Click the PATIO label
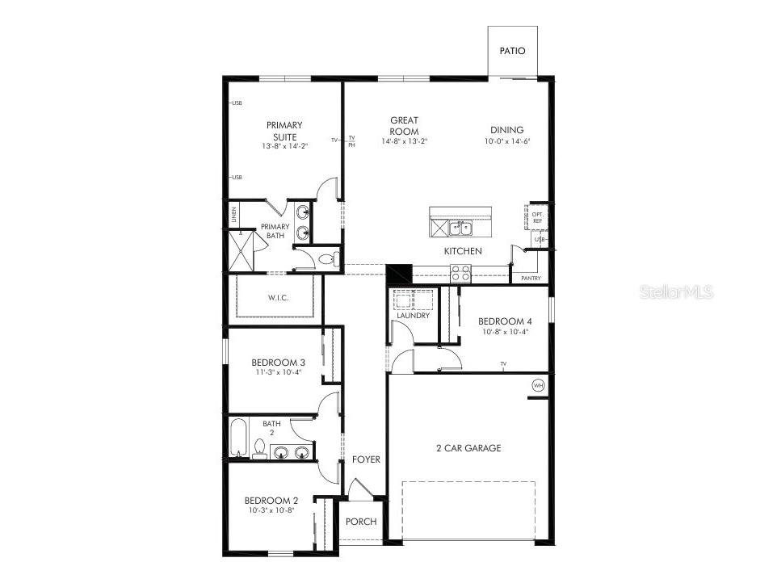[x=512, y=51]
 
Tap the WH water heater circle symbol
[x=539, y=386]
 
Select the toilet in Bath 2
[x=259, y=448]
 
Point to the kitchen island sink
[x=460, y=228]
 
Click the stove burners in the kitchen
[x=460, y=274]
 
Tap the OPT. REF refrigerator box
[x=537, y=216]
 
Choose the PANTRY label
[x=531, y=279]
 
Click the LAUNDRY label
[x=413, y=316]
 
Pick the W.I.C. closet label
[x=279, y=298]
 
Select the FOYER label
[x=366, y=459]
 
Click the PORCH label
[x=361, y=522]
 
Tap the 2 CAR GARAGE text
[x=468, y=448]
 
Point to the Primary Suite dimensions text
[x=284, y=146]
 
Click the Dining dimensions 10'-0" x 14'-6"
[x=506, y=141]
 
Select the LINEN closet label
[x=234, y=215]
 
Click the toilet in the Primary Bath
[x=327, y=259]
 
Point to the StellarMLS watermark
[x=677, y=291]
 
